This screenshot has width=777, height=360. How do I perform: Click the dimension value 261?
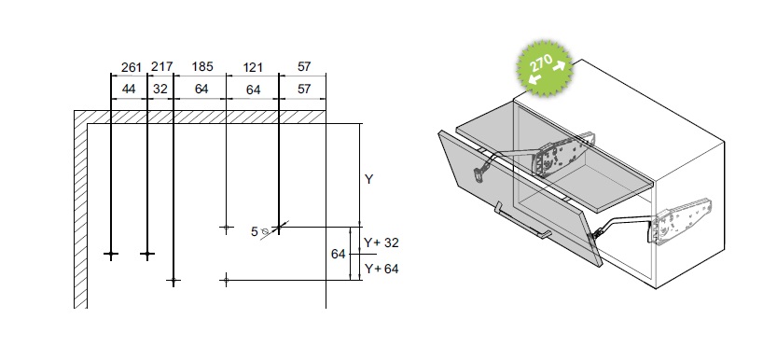(x=132, y=67)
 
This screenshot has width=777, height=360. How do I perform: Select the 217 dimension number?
(x=162, y=66)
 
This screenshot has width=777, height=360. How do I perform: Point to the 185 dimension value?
(x=202, y=66)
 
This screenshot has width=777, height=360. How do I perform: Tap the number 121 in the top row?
(x=252, y=67)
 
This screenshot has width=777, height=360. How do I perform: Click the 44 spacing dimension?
(x=129, y=90)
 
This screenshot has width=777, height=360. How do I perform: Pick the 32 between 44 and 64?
(x=160, y=90)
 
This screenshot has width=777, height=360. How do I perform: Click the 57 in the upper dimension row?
(x=304, y=66)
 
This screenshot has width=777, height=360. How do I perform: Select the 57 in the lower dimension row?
(x=304, y=90)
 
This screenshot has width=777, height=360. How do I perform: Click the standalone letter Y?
(x=368, y=179)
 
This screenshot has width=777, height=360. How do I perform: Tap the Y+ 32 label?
(x=382, y=242)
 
